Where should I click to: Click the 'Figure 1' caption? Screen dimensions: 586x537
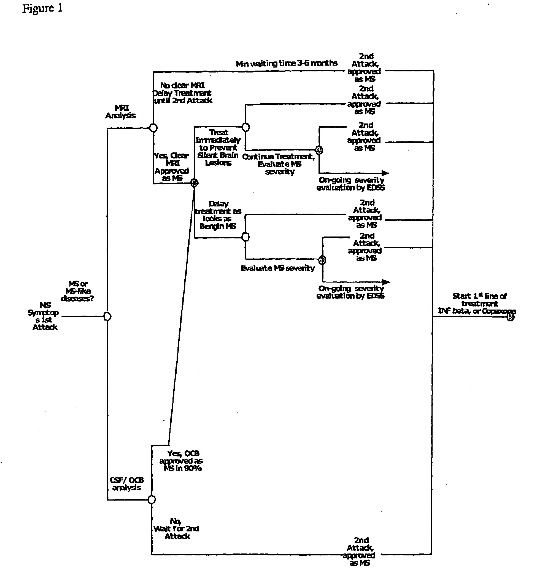(42, 9)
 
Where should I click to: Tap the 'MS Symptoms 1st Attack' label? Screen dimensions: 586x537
(44, 316)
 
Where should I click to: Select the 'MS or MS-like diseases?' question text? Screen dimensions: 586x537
(77, 291)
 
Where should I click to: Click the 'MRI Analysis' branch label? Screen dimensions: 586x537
(121, 112)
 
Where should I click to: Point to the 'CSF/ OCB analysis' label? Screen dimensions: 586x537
(127, 484)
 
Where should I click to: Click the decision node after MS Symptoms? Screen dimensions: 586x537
(107, 316)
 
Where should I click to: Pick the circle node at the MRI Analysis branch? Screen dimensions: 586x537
(153, 128)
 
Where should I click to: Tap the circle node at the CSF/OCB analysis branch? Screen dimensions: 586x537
(152, 500)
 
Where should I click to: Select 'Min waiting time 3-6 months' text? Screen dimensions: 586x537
(287, 63)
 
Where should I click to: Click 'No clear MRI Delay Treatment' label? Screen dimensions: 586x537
(182, 93)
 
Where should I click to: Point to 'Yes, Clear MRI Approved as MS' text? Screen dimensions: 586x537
(171, 167)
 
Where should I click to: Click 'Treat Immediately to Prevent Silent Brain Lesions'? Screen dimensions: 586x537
(218, 147)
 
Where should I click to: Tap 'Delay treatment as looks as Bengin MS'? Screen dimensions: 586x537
(218, 215)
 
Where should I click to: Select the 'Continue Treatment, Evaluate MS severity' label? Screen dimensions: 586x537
(279, 164)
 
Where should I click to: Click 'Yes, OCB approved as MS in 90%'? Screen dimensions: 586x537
(181, 461)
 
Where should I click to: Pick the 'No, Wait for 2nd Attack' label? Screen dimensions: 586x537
(176, 529)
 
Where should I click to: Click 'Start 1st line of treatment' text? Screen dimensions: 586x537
(479, 300)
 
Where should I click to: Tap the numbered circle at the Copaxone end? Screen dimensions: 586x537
(511, 318)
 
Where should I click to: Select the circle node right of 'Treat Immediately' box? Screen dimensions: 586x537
(246, 127)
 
